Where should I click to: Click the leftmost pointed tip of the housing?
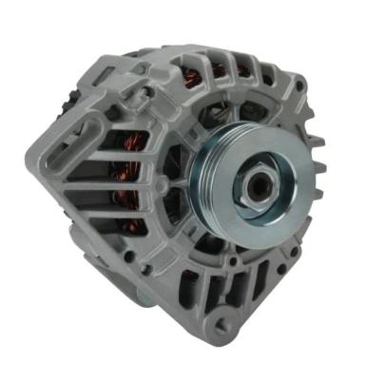point(38,167)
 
